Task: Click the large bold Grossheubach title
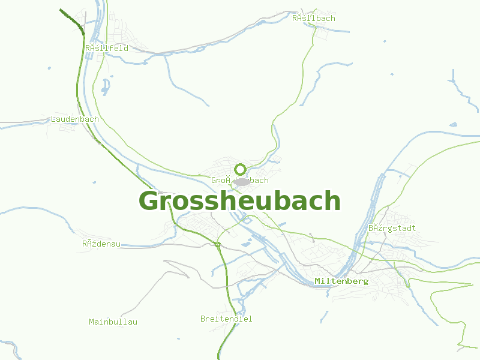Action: [x=240, y=201]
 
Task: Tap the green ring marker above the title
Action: [x=241, y=169]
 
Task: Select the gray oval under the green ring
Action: [x=241, y=181]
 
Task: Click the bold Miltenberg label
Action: [x=341, y=281]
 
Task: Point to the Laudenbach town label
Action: [x=75, y=119]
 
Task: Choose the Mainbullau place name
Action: [x=113, y=322]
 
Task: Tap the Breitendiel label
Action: [x=226, y=319]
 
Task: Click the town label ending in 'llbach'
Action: [x=314, y=18]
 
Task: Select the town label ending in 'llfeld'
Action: [x=107, y=48]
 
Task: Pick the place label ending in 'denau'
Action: [x=101, y=244]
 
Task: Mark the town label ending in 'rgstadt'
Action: [x=392, y=228]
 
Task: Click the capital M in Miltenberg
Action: [x=317, y=281]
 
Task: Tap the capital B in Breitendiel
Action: [x=203, y=319]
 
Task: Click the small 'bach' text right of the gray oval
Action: [x=260, y=180]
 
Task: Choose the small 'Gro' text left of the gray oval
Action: [x=217, y=180]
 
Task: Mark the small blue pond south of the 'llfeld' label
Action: [x=106, y=88]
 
